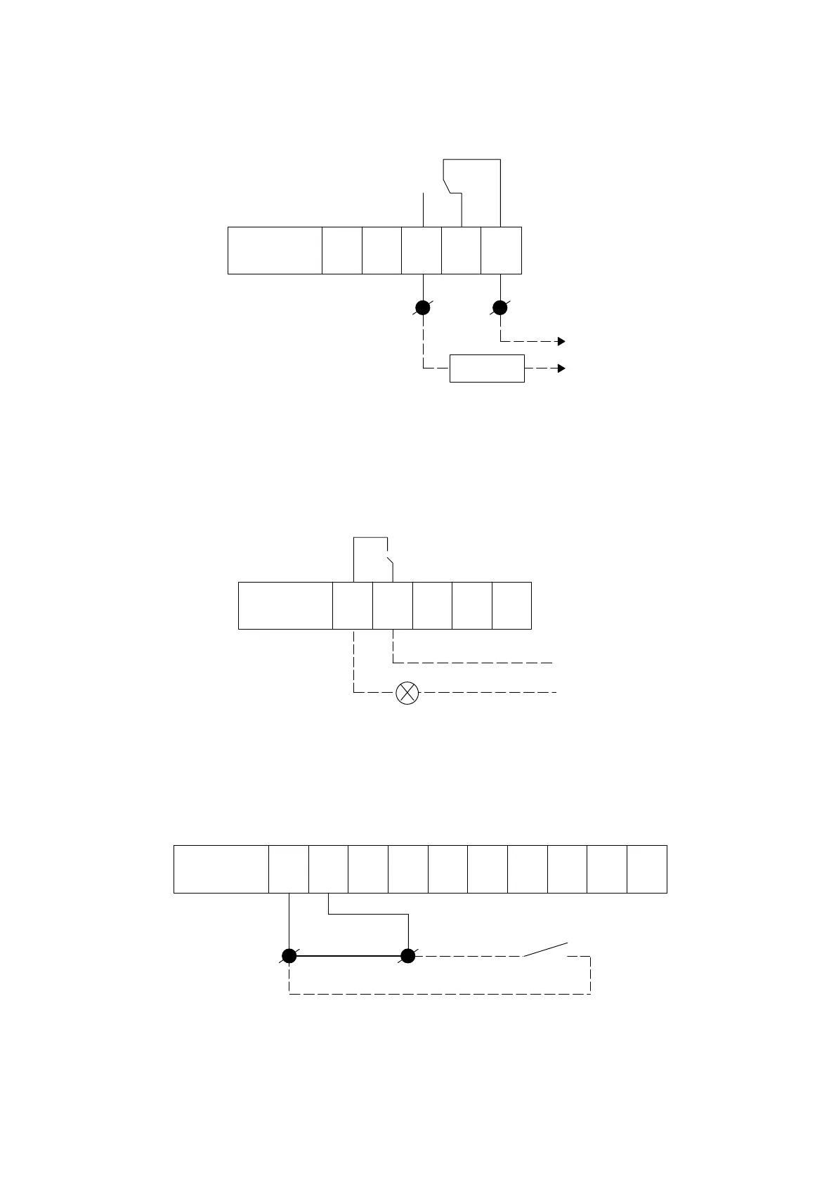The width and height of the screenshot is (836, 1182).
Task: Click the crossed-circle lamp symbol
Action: pos(407,693)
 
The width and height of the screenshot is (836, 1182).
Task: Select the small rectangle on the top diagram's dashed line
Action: pos(487,368)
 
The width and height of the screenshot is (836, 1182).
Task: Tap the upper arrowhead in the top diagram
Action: pos(561,341)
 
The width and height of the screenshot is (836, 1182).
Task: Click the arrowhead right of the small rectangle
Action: pos(561,368)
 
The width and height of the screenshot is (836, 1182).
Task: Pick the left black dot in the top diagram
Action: pos(423,307)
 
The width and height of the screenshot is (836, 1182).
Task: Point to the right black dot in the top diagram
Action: pos(500,307)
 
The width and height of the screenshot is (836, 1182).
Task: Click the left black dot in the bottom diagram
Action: pos(289,956)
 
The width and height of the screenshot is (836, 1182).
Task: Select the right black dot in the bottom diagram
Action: pos(407,956)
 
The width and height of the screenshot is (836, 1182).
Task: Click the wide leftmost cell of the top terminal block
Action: pos(275,251)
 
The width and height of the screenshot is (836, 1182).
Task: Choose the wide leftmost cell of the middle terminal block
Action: pos(285,605)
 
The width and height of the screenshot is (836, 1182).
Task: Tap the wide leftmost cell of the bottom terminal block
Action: pos(221,869)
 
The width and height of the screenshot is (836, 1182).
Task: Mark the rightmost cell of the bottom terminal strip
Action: pos(647,869)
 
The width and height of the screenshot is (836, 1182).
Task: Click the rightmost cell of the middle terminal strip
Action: pos(511,605)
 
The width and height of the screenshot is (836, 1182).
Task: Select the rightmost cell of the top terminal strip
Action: pos(501,251)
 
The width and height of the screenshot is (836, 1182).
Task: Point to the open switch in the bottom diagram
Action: pos(545,949)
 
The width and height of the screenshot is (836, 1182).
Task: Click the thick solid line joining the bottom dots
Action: pos(348,956)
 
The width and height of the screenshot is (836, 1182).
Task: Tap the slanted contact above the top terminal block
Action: pos(448,185)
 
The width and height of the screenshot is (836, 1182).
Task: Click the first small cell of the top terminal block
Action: pos(342,251)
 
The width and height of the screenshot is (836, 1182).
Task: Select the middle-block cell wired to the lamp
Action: pos(353,605)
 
